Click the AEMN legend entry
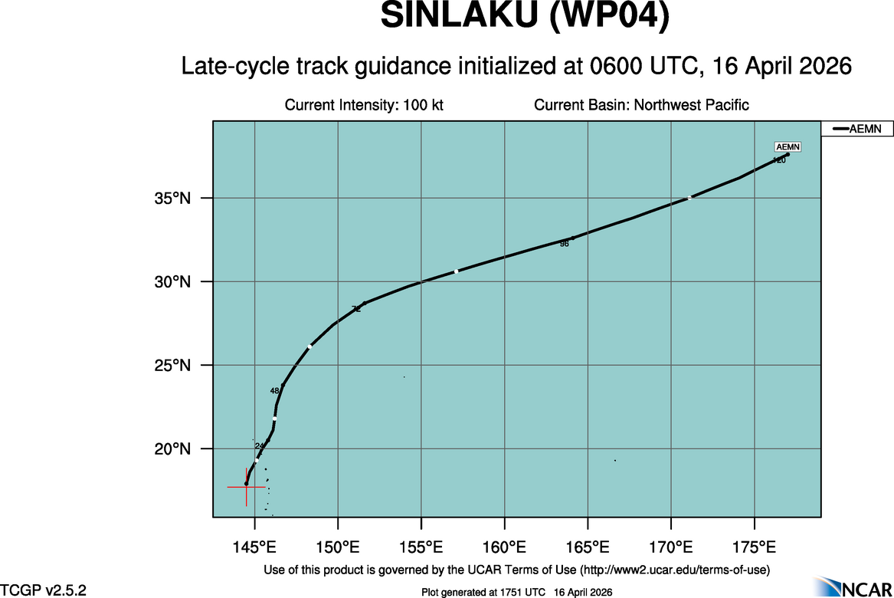856,130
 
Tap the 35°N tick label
174,199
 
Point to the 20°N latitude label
174,449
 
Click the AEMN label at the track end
788,147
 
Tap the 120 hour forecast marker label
779,160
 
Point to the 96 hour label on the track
565,244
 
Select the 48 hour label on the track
274,391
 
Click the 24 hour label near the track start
259,446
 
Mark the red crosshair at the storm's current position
246,486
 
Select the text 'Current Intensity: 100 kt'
364,105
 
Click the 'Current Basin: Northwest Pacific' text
641,105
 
